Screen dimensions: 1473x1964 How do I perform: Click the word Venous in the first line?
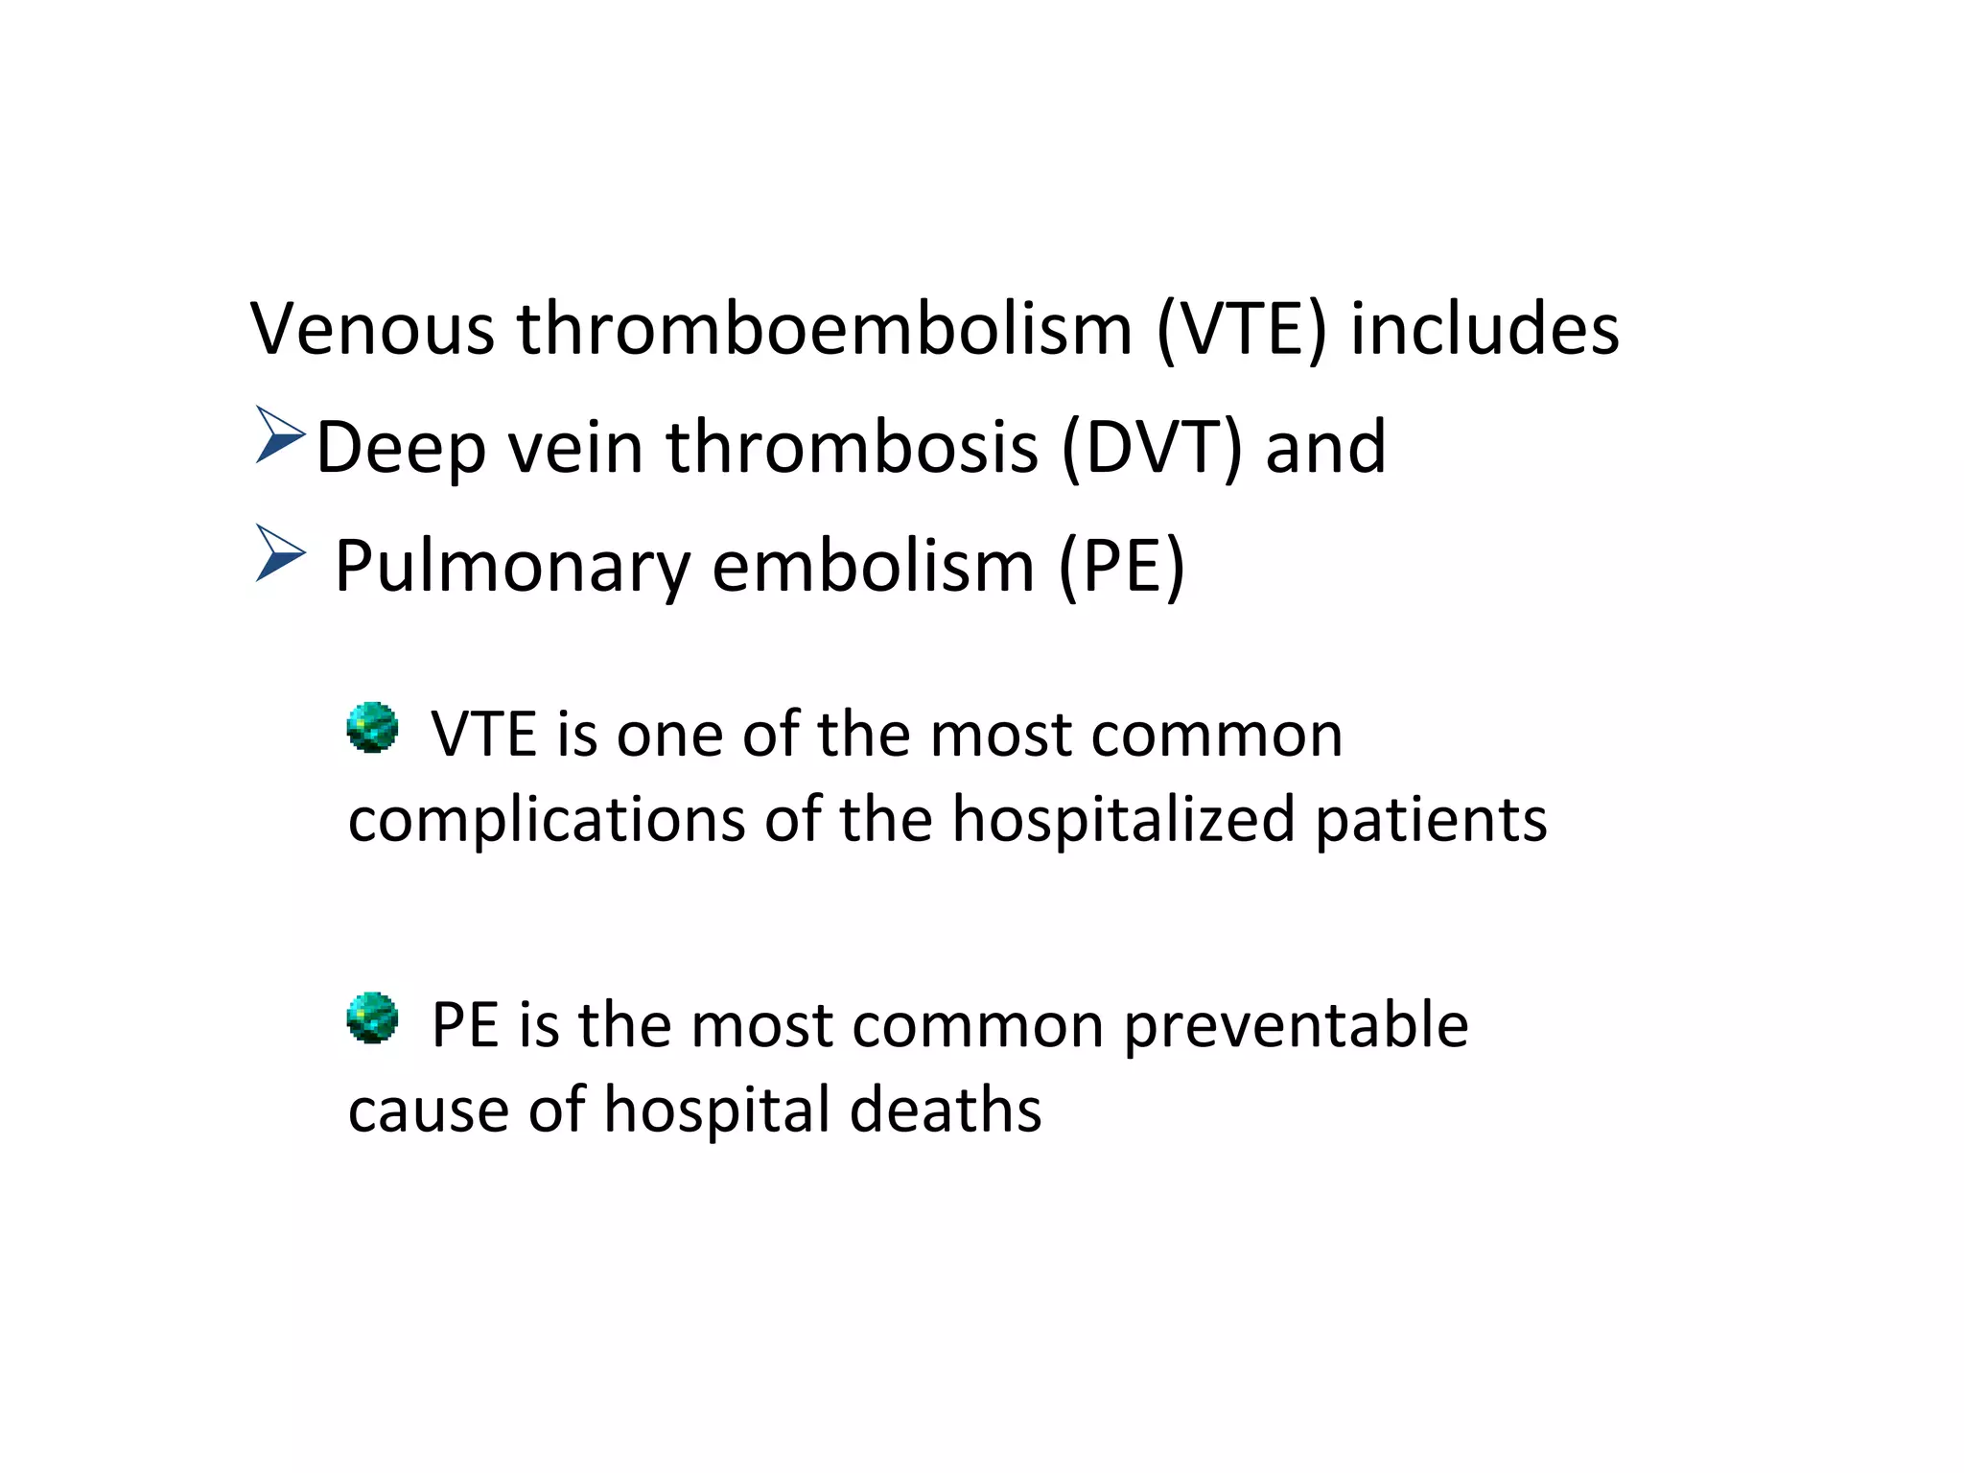click(372, 329)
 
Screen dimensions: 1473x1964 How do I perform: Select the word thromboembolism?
click(825, 329)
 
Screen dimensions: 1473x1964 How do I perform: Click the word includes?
click(1485, 329)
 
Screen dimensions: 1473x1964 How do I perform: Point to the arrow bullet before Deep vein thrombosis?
click(279, 435)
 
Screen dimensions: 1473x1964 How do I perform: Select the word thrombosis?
click(853, 448)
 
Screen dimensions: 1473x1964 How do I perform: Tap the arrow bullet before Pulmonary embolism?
click(279, 553)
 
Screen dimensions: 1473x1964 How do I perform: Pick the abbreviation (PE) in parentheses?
click(1122, 568)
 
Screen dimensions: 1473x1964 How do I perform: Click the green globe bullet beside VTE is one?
click(372, 727)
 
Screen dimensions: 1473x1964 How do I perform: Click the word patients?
click(1431, 823)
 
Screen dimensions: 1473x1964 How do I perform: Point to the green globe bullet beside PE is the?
click(372, 1017)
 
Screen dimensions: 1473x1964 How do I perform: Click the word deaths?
click(946, 1111)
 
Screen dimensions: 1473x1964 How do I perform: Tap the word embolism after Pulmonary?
click(873, 568)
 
